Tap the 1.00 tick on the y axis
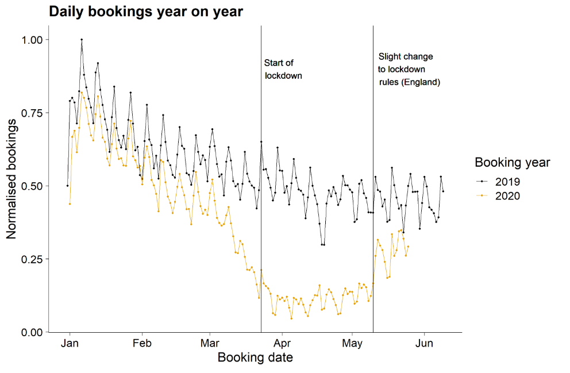click(31, 40)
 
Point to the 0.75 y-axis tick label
click(31, 113)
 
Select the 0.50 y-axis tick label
click(31, 186)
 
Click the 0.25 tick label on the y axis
click(31, 259)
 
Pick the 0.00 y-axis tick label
click(31, 332)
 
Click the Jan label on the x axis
click(70, 344)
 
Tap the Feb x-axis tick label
click(141, 344)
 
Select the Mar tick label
click(210, 344)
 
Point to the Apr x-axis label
click(282, 344)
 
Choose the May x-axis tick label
click(352, 344)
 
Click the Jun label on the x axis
click(424, 344)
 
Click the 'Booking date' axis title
click(255, 358)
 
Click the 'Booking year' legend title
click(512, 163)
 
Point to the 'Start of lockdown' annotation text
click(283, 69)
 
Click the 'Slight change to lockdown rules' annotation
click(409, 70)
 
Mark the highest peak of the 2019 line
click(82, 40)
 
